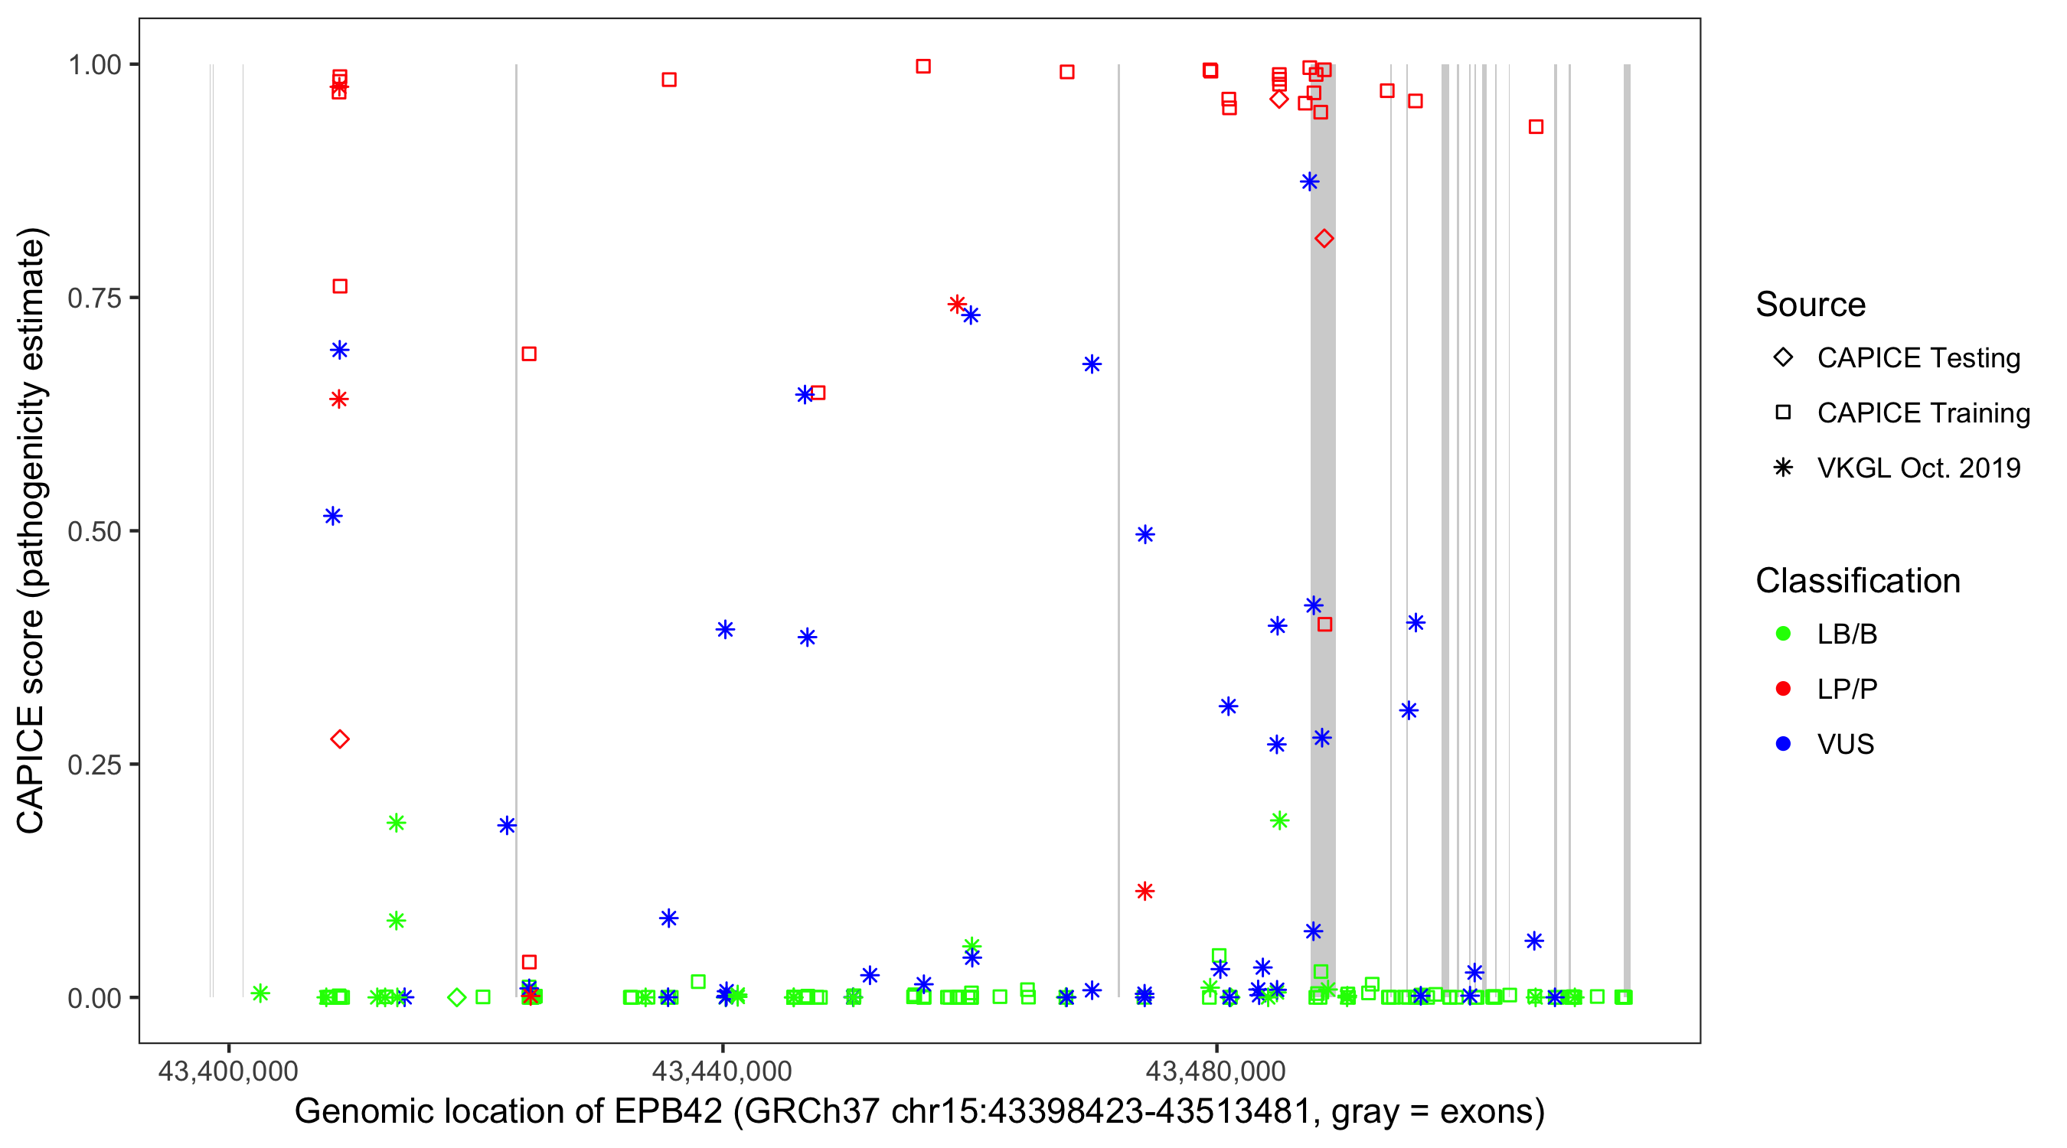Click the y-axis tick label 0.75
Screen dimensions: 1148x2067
[x=93, y=298]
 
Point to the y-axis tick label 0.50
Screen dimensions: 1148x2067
[x=93, y=531]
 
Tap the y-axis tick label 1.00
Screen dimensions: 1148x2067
[x=93, y=65]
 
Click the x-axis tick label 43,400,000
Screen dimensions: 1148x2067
[x=228, y=1071]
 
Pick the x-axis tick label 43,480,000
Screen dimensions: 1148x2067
[x=1215, y=1071]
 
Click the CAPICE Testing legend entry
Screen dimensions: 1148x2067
[x=1918, y=358]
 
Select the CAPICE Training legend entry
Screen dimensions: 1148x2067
[x=1922, y=413]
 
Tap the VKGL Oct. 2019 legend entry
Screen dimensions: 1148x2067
[x=1918, y=468]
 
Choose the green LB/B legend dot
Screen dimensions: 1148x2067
[x=1783, y=634]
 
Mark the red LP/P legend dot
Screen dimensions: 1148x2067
[x=1783, y=689]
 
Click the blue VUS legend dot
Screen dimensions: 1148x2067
[x=1783, y=744]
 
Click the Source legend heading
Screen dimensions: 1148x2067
[x=1811, y=305]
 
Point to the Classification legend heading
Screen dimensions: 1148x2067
[x=1857, y=581]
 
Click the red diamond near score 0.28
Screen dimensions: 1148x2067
[x=340, y=739]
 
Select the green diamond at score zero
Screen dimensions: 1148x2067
[x=456, y=997]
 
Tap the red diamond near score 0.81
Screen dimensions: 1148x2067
[x=1324, y=238]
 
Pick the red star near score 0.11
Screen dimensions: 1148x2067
[x=1145, y=891]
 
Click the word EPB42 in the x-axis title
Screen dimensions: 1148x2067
[x=668, y=1112]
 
